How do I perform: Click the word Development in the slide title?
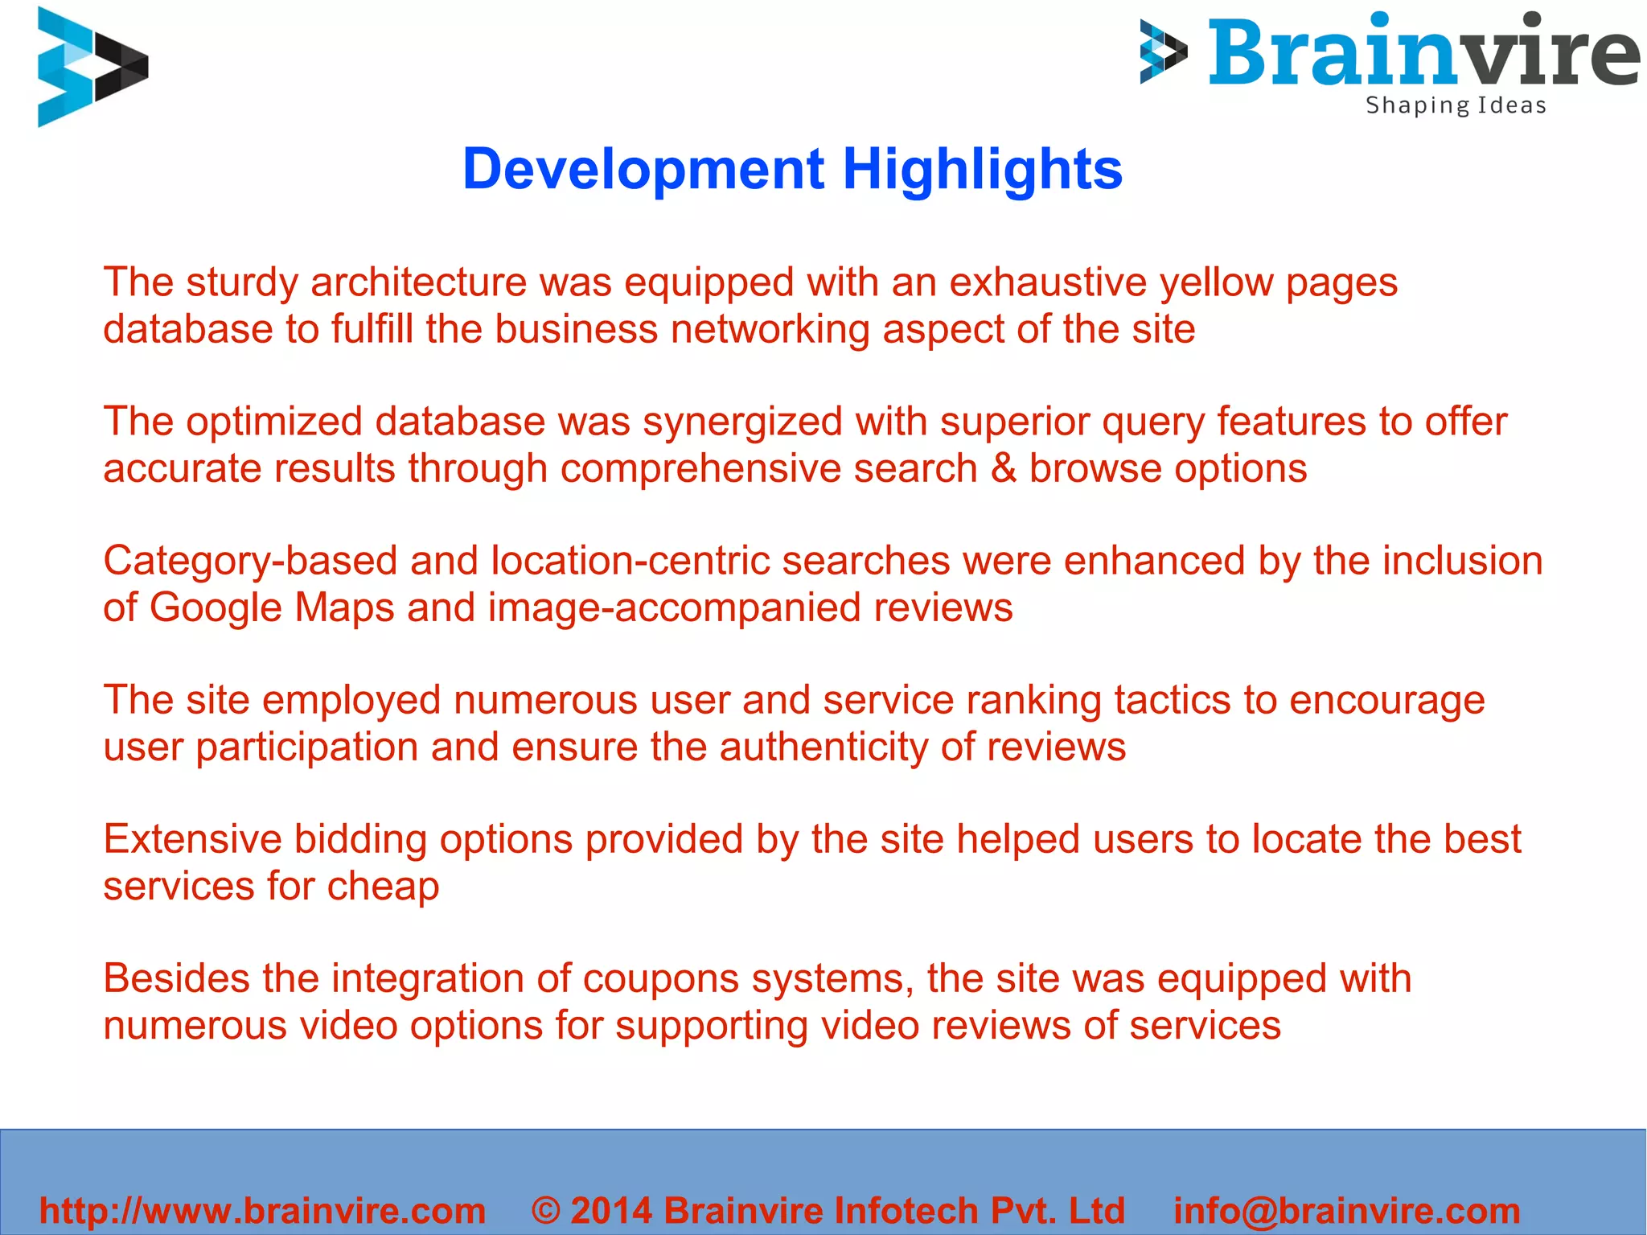pyautogui.click(x=643, y=169)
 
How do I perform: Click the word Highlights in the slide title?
pyautogui.click(x=982, y=169)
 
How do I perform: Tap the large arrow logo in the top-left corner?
pyautogui.click(x=92, y=66)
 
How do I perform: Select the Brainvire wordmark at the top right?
pyautogui.click(x=1423, y=52)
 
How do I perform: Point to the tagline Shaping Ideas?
pyautogui.click(x=1456, y=105)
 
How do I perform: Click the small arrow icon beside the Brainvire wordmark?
pyautogui.click(x=1163, y=52)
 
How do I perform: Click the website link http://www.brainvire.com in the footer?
pyautogui.click(x=263, y=1210)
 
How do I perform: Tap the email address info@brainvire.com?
pyautogui.click(x=1347, y=1210)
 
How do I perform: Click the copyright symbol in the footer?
pyautogui.click(x=546, y=1210)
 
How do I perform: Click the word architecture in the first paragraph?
pyautogui.click(x=418, y=282)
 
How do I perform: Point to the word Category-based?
pyautogui.click(x=250, y=561)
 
